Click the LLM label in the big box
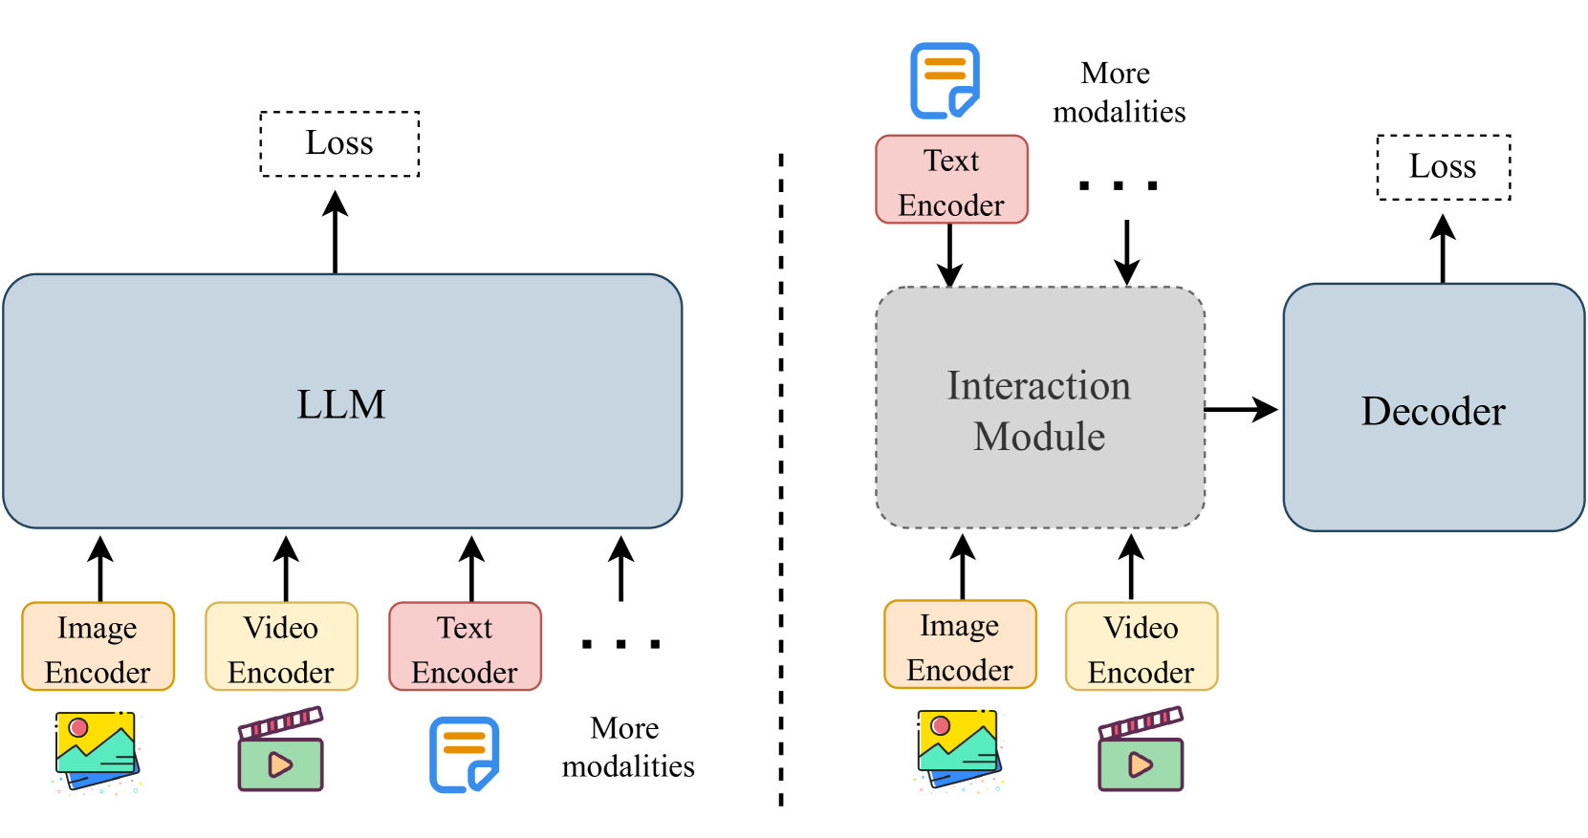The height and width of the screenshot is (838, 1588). (x=340, y=404)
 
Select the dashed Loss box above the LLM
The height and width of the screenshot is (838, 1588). (x=339, y=143)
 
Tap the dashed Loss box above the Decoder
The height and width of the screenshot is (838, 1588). (x=1443, y=167)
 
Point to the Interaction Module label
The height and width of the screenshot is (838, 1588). (x=1039, y=410)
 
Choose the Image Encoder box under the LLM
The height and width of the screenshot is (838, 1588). (x=98, y=647)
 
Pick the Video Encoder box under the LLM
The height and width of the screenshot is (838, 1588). (x=281, y=647)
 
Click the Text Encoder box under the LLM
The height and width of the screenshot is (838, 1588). (x=465, y=647)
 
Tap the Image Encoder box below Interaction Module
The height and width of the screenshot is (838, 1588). (x=960, y=645)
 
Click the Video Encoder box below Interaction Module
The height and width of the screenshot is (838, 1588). (x=1142, y=647)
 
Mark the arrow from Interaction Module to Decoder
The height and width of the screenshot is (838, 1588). (x=1241, y=409)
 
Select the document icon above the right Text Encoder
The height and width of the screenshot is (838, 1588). (x=945, y=80)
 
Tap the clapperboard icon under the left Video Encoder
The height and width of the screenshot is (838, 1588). (x=281, y=750)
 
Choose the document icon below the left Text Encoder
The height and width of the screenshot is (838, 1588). (x=465, y=754)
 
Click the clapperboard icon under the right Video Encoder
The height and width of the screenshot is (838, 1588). (x=1141, y=750)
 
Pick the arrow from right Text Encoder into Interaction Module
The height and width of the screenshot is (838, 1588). (x=949, y=255)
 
